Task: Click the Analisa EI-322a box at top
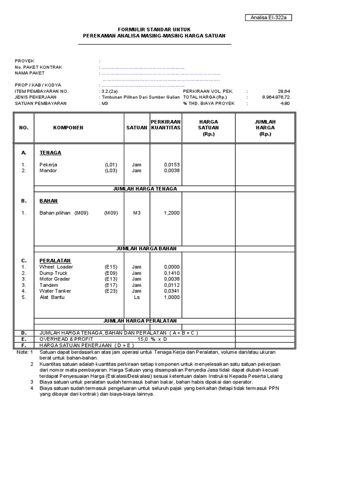click(269, 18)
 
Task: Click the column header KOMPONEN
click(68, 127)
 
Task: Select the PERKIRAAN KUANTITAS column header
click(165, 125)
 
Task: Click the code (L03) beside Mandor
click(111, 171)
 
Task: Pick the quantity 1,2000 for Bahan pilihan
click(172, 213)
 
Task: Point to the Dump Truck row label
click(53, 273)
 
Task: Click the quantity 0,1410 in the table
click(172, 273)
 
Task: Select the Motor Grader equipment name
click(55, 279)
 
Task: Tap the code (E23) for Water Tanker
click(111, 291)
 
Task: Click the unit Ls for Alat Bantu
click(136, 297)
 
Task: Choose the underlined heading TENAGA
click(50, 153)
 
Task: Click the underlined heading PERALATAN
click(55, 261)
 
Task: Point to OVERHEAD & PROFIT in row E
click(66, 339)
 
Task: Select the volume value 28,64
click(284, 91)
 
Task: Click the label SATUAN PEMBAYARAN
click(41, 103)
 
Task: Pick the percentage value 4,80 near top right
click(285, 103)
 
